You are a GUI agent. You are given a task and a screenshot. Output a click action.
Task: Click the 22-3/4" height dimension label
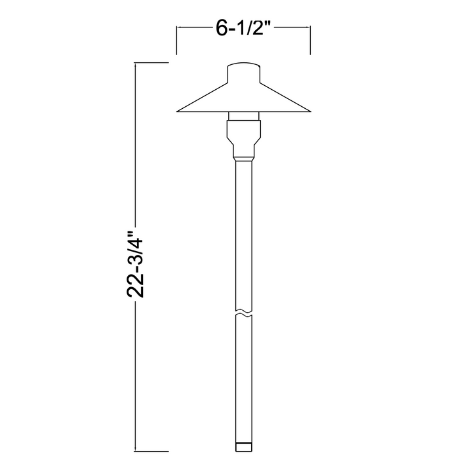[135, 265]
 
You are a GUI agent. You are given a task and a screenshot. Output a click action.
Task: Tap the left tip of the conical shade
[177, 111]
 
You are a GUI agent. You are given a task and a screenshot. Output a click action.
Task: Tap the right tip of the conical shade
[310, 111]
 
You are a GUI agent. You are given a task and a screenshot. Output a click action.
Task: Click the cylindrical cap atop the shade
[243, 73]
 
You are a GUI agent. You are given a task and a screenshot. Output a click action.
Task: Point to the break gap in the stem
[244, 313]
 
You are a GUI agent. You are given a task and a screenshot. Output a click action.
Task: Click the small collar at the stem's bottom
[243, 446]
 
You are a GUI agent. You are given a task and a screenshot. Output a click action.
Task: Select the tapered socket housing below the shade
[243, 138]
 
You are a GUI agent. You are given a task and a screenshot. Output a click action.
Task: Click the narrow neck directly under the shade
[243, 116]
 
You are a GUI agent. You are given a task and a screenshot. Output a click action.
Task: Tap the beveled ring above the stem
[243, 158]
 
